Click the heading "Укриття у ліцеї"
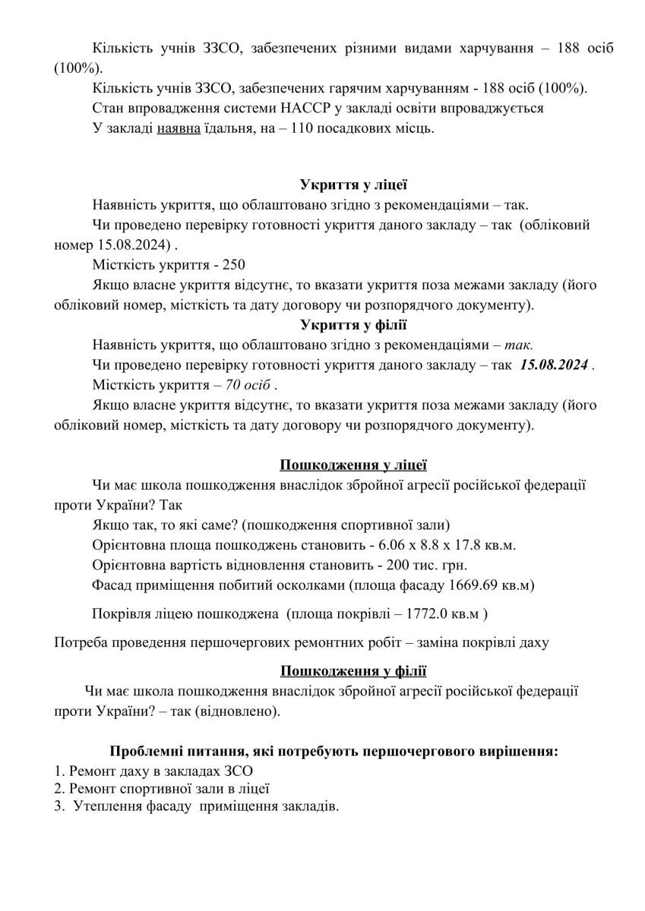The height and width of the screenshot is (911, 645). pos(354,184)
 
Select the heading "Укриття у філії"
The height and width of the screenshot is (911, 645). pos(354,326)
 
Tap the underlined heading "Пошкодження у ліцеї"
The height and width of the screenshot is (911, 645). pos(354,464)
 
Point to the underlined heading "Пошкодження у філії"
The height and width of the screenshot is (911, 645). pos(354,670)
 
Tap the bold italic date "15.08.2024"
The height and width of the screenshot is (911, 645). pos(555,365)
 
